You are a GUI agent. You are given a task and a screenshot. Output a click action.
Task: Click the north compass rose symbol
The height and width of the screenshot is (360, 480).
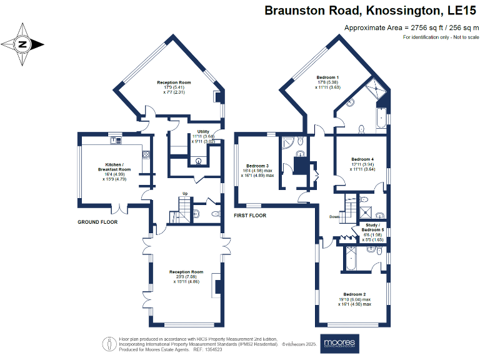22,44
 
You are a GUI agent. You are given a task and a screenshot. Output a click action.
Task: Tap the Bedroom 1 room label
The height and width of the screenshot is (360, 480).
327,76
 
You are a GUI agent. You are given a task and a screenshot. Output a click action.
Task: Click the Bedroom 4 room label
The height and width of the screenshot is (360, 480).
362,159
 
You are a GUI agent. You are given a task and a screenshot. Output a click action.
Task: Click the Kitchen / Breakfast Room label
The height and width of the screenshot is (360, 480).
114,167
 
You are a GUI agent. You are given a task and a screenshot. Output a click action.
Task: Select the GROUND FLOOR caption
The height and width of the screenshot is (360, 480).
97,222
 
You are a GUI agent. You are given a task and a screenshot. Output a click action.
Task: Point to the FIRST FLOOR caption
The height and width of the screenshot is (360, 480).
250,215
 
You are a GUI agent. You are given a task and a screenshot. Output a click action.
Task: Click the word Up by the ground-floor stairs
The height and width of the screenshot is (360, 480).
185,194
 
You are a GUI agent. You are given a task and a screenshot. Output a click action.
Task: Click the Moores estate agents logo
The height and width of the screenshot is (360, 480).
339,343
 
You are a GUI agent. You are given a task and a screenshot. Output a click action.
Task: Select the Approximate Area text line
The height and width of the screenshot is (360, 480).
411,28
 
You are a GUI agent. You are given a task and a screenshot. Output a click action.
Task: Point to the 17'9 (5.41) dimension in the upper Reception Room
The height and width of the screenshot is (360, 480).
174,87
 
